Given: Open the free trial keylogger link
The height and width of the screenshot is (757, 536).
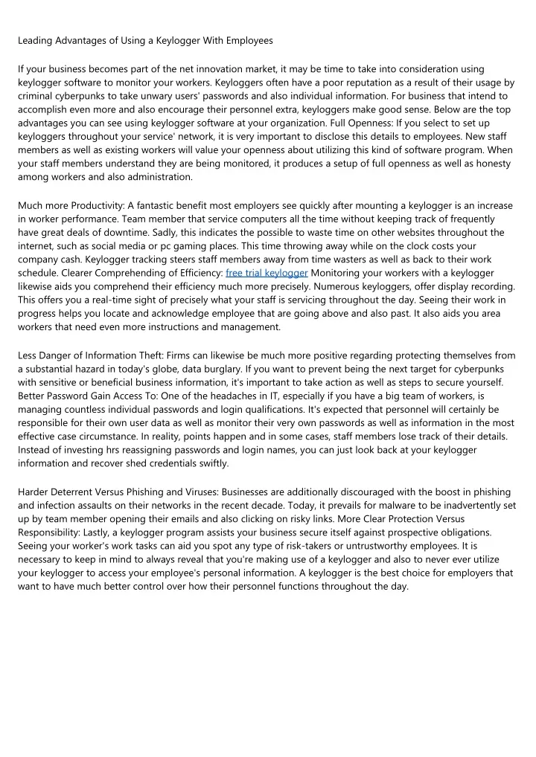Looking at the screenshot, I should coord(267,273).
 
